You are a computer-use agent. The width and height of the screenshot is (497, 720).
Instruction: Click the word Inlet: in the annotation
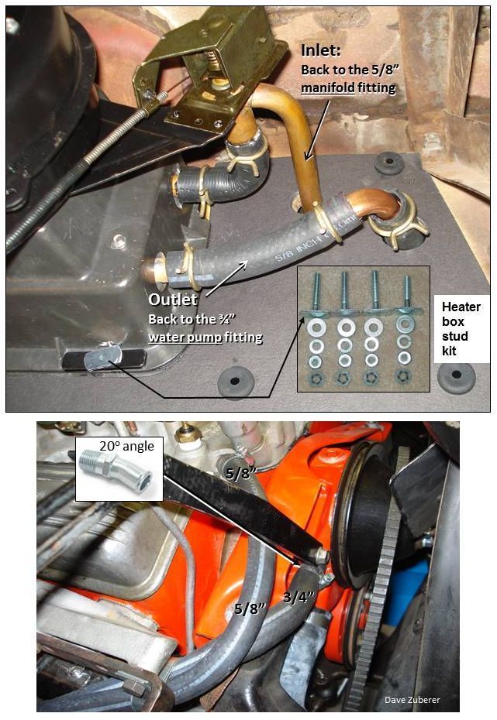321,52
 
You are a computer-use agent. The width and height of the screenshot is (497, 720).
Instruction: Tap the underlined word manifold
340,87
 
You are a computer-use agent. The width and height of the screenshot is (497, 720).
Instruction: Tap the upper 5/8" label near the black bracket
238,470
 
